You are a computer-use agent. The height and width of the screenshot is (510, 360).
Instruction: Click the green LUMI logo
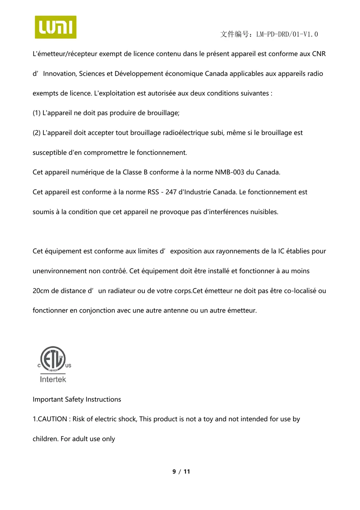pyautogui.click(x=55, y=27)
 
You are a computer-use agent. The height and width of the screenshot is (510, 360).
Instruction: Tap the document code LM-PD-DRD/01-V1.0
pyautogui.click(x=287, y=34)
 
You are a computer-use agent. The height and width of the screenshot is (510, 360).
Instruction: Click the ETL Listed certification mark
pyautogui.click(x=53, y=359)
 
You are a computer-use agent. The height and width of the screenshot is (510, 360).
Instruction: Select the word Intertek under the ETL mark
pyautogui.click(x=53, y=380)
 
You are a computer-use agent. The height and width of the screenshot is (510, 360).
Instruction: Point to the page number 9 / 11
pyautogui.click(x=181, y=471)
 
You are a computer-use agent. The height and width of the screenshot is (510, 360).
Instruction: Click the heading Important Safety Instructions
pyautogui.click(x=77, y=399)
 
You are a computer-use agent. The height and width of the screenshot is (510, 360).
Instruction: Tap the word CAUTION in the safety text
pyautogui.click(x=52, y=419)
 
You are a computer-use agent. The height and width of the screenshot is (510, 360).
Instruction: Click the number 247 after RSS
pyautogui.click(x=171, y=192)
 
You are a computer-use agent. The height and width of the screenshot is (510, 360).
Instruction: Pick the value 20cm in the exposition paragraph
pyautogui.click(x=41, y=291)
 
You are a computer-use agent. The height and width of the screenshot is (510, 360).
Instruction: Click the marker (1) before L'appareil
pyautogui.click(x=36, y=113)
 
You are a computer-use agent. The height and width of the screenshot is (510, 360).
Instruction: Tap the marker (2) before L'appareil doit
pyautogui.click(x=36, y=133)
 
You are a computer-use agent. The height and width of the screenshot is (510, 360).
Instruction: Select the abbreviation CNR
pyautogui.click(x=319, y=54)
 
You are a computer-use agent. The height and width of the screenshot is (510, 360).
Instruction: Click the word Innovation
pyautogui.click(x=59, y=74)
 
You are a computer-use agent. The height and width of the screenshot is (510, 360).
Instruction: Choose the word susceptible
pyautogui.click(x=50, y=153)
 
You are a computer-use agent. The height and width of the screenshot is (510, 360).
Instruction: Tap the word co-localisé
pyautogui.click(x=300, y=291)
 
